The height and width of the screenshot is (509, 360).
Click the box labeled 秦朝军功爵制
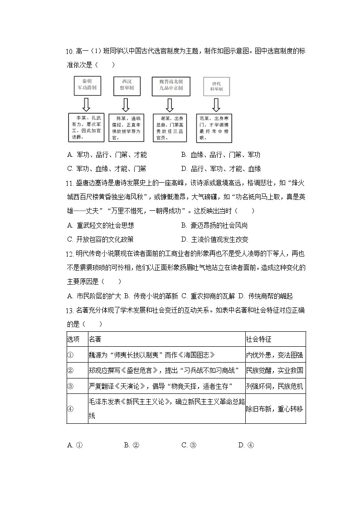coord(86,85)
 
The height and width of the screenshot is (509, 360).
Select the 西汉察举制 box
coord(125,85)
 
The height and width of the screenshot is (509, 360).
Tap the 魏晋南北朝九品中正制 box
coord(170,85)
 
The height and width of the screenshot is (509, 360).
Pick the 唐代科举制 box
coord(216,86)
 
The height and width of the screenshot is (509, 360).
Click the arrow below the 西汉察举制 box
coord(125,104)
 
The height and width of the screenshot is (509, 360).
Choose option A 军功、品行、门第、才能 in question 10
coord(107,155)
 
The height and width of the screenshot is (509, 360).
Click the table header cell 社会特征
coord(258,339)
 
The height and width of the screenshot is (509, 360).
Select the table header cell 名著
coord(95,339)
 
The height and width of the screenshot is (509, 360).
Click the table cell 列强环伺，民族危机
coord(275,386)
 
